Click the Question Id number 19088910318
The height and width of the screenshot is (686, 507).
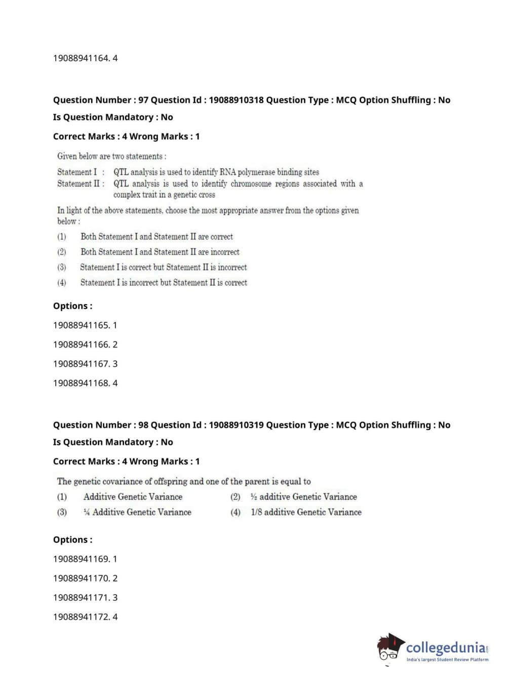click(x=236, y=100)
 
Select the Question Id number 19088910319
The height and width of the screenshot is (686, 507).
click(x=236, y=425)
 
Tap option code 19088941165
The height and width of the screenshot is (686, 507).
click(x=81, y=325)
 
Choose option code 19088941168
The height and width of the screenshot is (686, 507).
click(x=81, y=383)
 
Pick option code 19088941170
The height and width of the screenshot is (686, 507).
click(x=81, y=578)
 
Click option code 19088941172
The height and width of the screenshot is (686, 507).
click(x=81, y=617)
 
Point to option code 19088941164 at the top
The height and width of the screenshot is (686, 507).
click(x=81, y=58)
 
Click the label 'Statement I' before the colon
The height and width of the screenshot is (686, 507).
click(x=77, y=172)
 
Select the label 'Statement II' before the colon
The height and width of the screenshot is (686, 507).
click(x=79, y=184)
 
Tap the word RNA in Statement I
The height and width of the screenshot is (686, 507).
click(x=227, y=172)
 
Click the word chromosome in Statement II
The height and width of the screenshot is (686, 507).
click(x=251, y=184)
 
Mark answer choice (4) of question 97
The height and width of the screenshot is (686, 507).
click(x=164, y=283)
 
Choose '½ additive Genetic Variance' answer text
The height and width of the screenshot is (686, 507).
click(x=303, y=497)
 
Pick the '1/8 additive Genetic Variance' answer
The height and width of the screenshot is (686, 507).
click(x=306, y=512)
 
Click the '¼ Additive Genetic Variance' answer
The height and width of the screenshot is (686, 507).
click(x=137, y=512)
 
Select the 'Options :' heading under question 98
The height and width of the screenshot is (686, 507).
click(x=73, y=540)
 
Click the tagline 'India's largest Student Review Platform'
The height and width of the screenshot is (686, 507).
click(x=447, y=660)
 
